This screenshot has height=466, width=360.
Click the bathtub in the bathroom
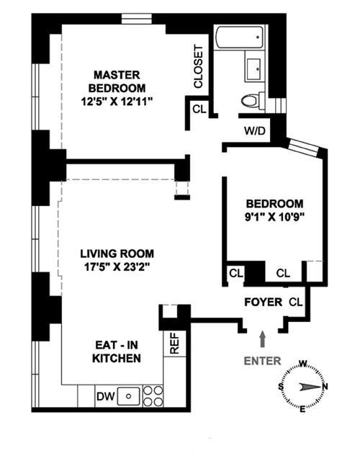[239, 37]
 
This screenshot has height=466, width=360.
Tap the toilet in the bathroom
[253, 100]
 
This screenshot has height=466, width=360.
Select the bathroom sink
[253, 69]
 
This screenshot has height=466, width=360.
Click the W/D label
[255, 131]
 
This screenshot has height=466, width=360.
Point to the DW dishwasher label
[105, 396]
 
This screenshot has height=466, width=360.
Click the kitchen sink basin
[129, 396]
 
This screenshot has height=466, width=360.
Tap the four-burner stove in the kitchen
[153, 396]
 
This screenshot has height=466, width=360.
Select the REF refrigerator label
[175, 344]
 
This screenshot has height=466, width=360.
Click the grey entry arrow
[263, 339]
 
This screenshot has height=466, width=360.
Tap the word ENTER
[262, 361]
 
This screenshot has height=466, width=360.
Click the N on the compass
[325, 387]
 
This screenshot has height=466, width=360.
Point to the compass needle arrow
[310, 387]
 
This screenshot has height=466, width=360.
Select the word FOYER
[264, 303]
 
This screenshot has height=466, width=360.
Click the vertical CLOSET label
[198, 66]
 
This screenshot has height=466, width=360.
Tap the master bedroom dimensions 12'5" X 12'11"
[117, 102]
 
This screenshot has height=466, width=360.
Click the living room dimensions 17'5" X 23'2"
[117, 267]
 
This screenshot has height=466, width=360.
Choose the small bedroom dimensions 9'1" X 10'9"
[275, 218]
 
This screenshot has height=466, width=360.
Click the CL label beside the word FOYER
[296, 303]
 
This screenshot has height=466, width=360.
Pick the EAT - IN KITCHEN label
[117, 351]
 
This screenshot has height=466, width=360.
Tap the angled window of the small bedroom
[304, 148]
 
